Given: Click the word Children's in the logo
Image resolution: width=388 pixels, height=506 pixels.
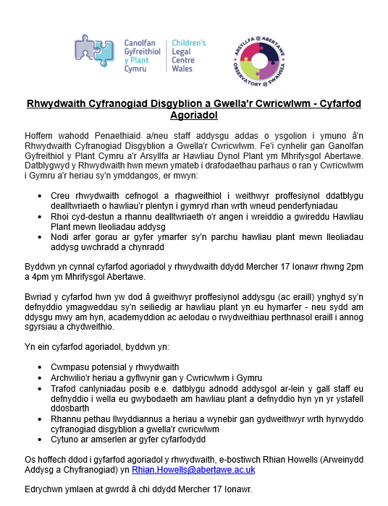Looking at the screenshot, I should pos(188,43).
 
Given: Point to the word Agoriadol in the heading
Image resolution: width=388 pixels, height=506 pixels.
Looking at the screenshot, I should pos(193,115).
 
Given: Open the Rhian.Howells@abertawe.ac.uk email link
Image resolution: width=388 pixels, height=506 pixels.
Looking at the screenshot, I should pos(193,470).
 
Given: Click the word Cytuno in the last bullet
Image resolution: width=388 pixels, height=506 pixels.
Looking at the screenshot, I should pos(67,439).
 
